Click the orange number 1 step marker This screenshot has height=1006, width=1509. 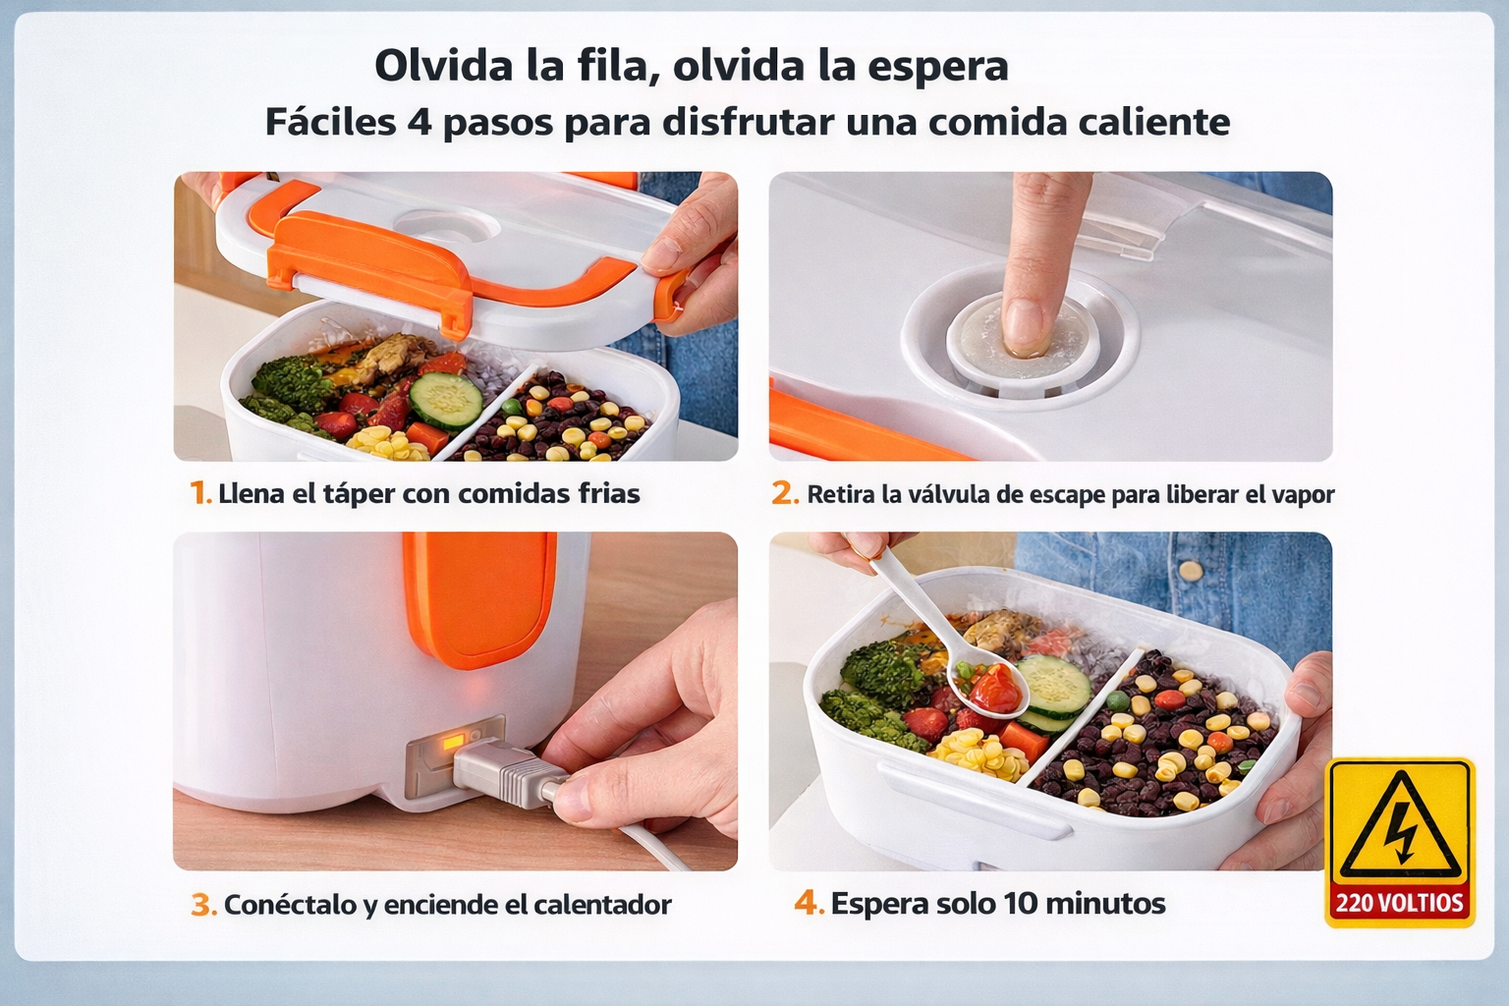(x=199, y=492)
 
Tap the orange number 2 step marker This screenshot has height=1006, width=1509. (x=784, y=493)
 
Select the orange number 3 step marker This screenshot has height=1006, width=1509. (x=203, y=904)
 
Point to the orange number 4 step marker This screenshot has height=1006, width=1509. (x=808, y=902)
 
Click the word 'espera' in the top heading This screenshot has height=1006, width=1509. (x=938, y=67)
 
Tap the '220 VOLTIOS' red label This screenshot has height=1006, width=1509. (x=1399, y=903)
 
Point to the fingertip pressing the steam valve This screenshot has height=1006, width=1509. (x=1023, y=324)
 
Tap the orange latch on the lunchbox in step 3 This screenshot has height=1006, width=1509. (x=478, y=595)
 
